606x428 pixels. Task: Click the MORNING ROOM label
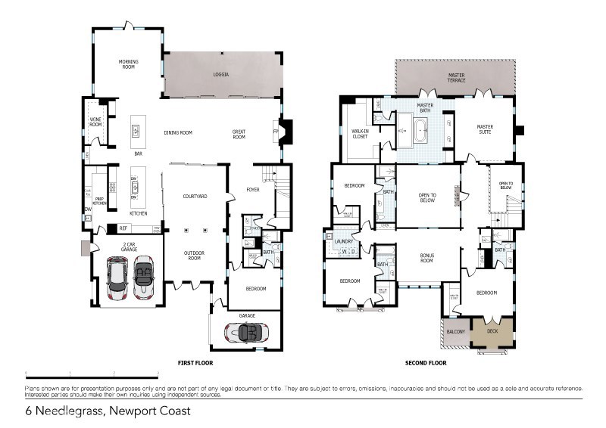[x=127, y=64]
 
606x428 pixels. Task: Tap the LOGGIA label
[x=220, y=75]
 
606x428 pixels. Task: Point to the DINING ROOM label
[x=178, y=132]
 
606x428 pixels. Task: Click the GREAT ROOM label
[x=239, y=135]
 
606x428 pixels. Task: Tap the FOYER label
[x=253, y=189]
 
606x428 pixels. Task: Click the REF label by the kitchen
[x=123, y=228]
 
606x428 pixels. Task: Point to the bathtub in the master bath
[x=419, y=130]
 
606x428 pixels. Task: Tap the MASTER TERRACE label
[x=457, y=78]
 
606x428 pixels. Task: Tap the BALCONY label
[x=454, y=330]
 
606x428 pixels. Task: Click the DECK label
[x=492, y=330]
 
